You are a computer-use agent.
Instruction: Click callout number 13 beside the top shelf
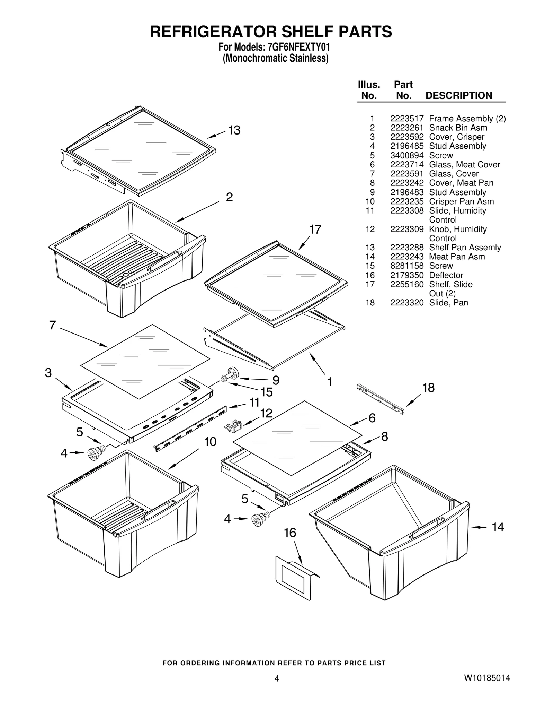[x=234, y=130]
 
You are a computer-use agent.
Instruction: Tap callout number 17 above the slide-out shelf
[x=315, y=230]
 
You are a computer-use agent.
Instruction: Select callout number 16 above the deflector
[x=290, y=533]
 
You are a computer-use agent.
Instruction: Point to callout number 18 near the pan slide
[x=428, y=388]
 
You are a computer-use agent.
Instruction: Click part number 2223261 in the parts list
[x=406, y=128]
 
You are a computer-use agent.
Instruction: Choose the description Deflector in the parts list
[x=446, y=275]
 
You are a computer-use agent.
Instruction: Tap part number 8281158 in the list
[x=406, y=266]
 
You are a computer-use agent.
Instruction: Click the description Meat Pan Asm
[x=457, y=257]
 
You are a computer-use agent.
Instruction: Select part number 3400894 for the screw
[x=406, y=155]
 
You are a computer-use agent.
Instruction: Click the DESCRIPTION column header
[x=458, y=96]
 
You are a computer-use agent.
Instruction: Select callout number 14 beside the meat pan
[x=498, y=527]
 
